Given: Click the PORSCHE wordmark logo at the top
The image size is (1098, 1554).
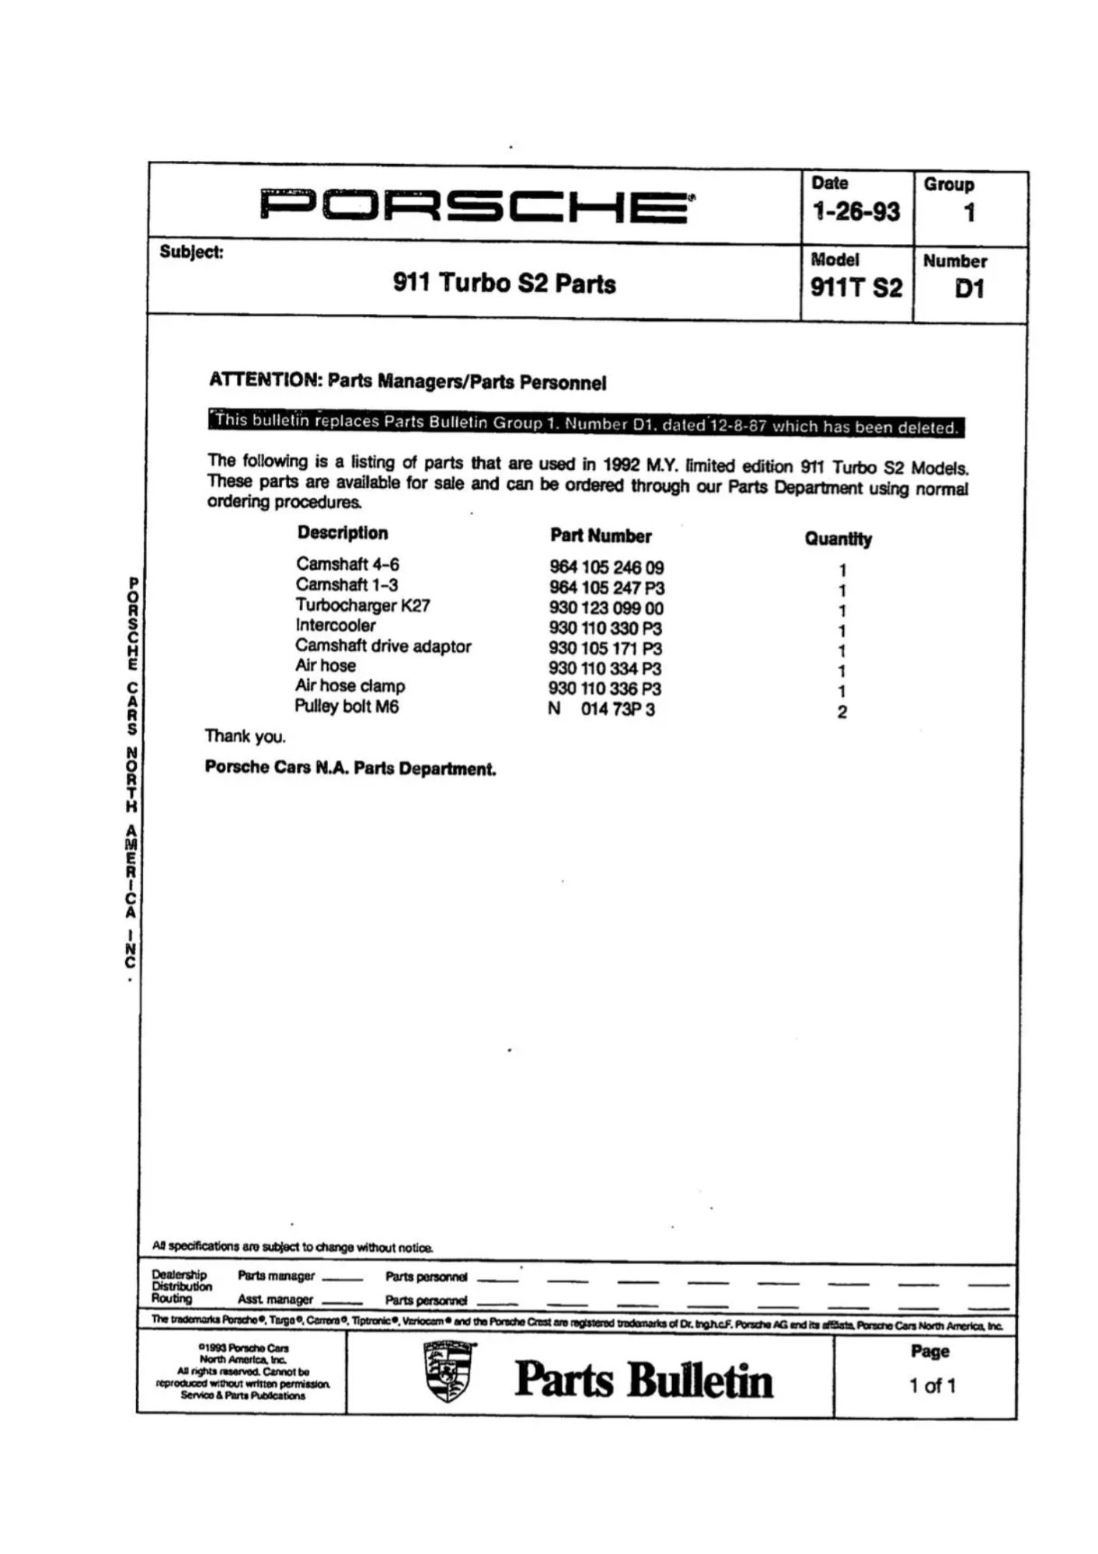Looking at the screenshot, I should [476, 206].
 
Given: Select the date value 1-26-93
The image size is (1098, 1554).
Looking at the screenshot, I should [856, 211].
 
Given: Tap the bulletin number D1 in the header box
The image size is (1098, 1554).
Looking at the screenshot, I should [969, 288].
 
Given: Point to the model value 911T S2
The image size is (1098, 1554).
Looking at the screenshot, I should [856, 288].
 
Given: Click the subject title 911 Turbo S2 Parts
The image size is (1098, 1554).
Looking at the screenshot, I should [504, 284].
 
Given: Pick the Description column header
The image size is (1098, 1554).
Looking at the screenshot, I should [342, 533].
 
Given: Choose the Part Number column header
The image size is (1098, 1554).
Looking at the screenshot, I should [601, 536].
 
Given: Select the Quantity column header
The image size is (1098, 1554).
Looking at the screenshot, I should [838, 539].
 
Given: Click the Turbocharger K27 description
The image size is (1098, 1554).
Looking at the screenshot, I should [362, 605].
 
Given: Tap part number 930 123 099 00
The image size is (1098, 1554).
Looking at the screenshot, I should [606, 608].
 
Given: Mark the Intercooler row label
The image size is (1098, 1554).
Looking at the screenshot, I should [335, 625].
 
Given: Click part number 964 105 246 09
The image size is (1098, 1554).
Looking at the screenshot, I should [606, 568].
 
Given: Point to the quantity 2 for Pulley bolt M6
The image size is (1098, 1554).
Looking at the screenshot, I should [842, 712].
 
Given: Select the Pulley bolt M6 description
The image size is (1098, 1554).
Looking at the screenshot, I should [347, 706].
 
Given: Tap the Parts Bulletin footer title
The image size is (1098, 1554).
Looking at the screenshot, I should [643, 1380].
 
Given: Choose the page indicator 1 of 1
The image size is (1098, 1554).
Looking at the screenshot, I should [932, 1385].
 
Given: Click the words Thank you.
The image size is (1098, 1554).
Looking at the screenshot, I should [246, 737].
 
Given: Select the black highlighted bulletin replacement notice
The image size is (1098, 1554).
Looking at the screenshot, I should [586, 424].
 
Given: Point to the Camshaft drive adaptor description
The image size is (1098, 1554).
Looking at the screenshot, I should [383, 646].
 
